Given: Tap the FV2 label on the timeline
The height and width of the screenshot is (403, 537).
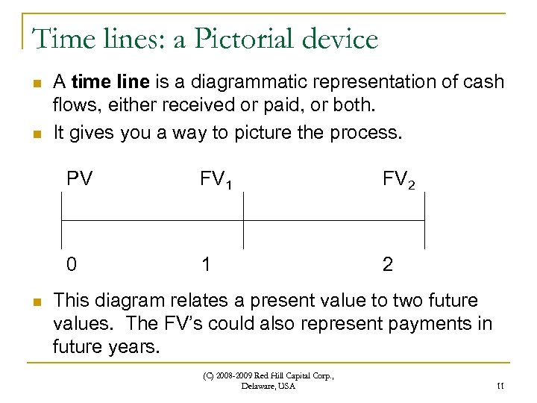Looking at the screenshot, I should coord(399,179).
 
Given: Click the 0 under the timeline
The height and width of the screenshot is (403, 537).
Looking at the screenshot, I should coord(71,264).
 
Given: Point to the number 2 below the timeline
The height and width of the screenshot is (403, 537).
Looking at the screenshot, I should coord(388,264).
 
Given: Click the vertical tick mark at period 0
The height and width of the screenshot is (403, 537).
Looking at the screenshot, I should coord(61,220).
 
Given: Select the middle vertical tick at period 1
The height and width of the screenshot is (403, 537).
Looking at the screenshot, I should coord(244,220).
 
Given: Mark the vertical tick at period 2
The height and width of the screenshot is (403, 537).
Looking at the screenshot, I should coord(425,220).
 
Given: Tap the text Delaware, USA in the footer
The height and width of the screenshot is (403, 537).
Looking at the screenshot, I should coord(268,387).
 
